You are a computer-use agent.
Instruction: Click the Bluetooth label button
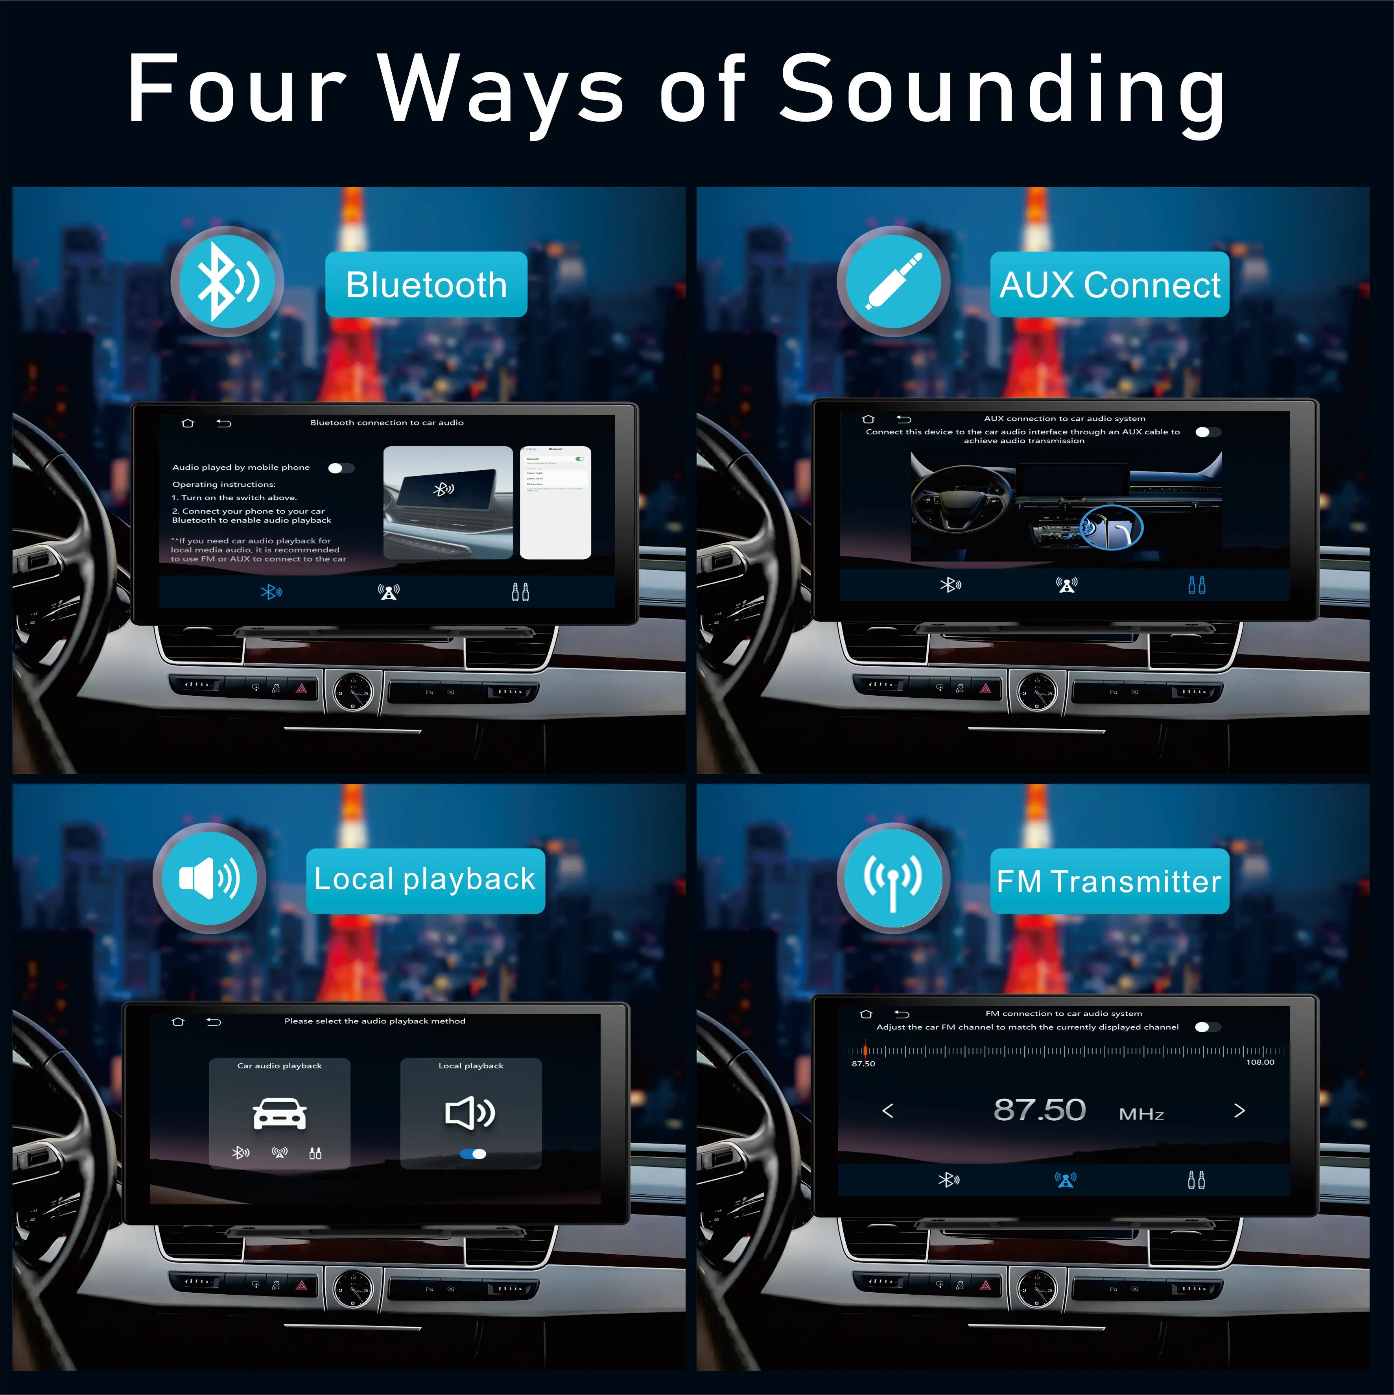pyautogui.click(x=426, y=285)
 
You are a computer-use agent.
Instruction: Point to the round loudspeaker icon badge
pyautogui.click(x=209, y=878)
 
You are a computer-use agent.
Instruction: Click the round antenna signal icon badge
pyautogui.click(x=893, y=878)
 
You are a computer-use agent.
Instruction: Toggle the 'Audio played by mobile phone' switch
pyautogui.click(x=341, y=468)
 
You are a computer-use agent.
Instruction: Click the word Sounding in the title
pyautogui.click(x=1002, y=90)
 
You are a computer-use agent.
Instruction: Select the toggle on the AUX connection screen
pyautogui.click(x=1208, y=432)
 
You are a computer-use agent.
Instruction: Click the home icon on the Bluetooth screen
pyautogui.click(x=188, y=423)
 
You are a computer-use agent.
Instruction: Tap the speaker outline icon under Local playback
pyautogui.click(x=470, y=1113)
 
